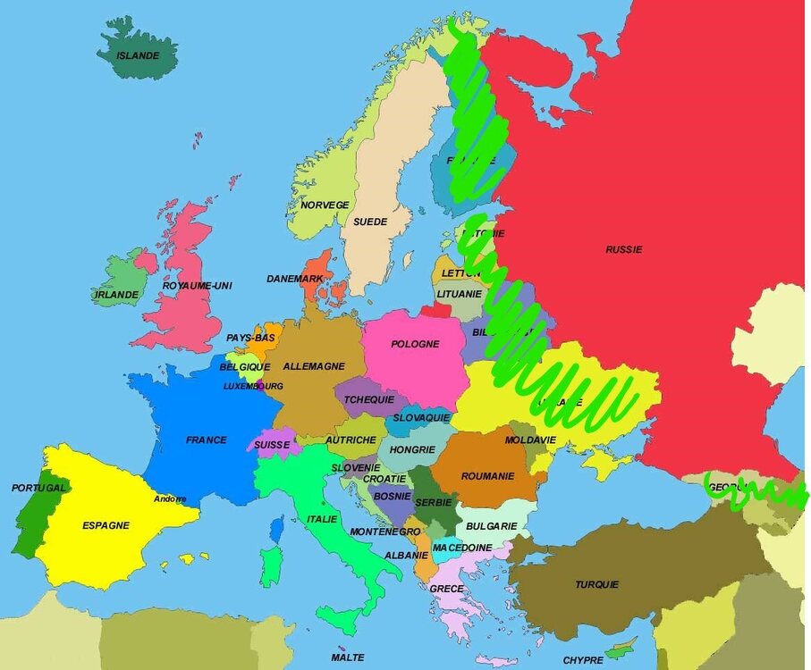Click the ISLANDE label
138,55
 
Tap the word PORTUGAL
38,488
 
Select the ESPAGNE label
106,525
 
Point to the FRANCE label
206,440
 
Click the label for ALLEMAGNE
314,366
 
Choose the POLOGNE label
415,344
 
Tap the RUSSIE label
623,249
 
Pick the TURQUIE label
596,585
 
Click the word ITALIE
322,519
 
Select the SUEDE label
370,222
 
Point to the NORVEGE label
325,205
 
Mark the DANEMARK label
295,279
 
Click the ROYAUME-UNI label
197,286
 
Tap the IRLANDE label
117,294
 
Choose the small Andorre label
170,498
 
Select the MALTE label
347,657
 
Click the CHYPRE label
583,661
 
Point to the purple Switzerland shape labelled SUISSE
272,444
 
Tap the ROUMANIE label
487,476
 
